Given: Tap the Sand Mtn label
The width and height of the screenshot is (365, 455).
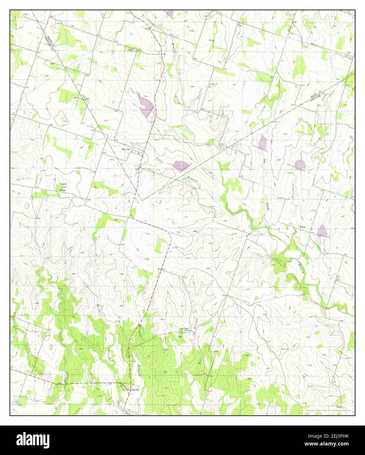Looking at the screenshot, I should click(x=62, y=186).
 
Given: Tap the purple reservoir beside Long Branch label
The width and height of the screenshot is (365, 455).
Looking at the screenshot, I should click(x=181, y=165).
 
